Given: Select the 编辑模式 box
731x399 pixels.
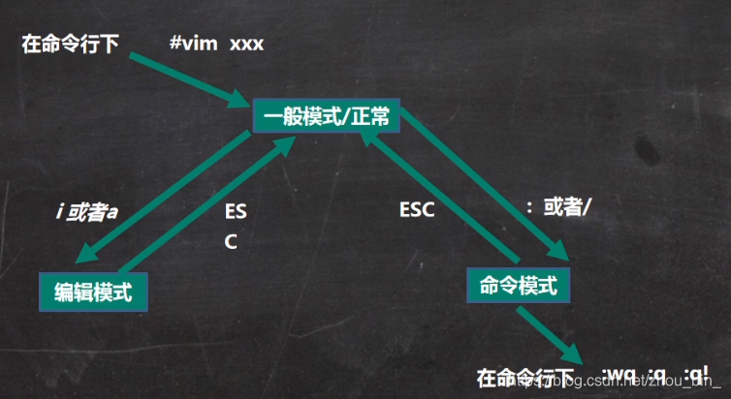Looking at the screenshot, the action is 93,288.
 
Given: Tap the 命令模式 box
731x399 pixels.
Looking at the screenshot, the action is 517,285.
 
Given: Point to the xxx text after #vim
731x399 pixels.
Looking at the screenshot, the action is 246,44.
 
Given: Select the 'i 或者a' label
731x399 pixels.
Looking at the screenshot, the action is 87,212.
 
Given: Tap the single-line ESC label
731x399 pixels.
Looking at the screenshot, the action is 416,209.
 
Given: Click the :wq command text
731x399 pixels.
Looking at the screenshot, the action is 621,376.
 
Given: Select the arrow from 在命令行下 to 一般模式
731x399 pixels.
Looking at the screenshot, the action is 184,78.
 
